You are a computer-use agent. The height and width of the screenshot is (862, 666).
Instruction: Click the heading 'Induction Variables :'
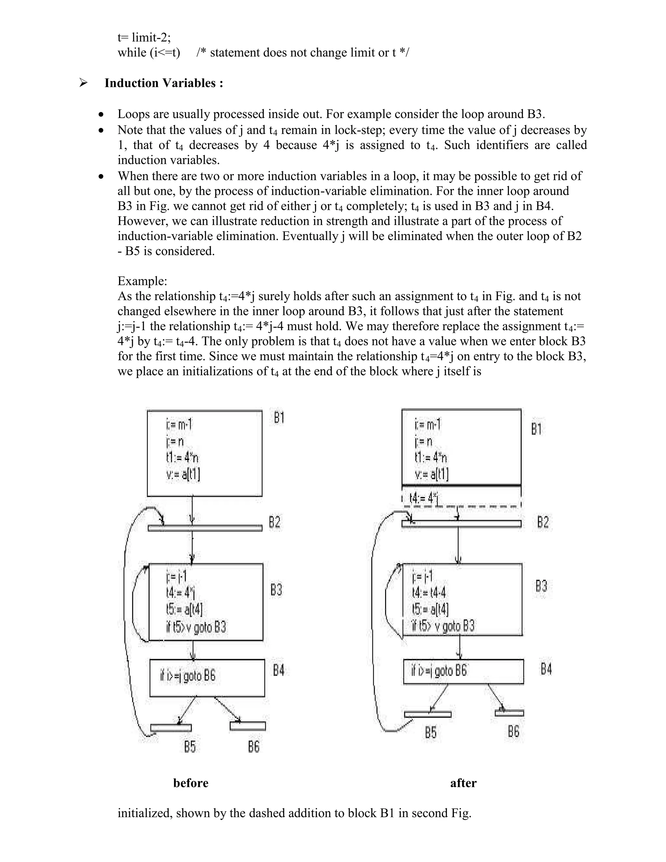click(x=164, y=83)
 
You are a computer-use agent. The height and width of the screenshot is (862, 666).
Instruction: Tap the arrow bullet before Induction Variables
click(x=83, y=83)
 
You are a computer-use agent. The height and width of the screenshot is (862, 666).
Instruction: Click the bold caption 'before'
click(x=191, y=783)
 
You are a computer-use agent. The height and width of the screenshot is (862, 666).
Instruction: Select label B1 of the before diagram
click(x=279, y=418)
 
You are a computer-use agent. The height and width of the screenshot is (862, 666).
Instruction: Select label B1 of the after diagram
click(x=536, y=429)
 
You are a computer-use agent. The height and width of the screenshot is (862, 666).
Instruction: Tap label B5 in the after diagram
click(x=431, y=733)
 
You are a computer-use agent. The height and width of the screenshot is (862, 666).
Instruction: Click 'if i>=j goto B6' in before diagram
click(x=188, y=676)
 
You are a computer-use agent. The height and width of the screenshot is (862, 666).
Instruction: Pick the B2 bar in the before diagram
click(x=205, y=528)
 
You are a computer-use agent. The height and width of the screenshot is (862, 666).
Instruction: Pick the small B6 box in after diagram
click(x=509, y=713)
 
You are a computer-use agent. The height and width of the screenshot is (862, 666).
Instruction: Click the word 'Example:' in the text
click(x=142, y=281)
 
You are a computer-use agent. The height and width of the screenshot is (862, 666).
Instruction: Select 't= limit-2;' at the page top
click(x=144, y=37)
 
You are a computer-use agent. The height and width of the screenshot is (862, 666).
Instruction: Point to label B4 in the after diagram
click(x=546, y=669)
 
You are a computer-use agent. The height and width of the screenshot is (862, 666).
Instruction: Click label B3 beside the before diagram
click(x=276, y=590)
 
